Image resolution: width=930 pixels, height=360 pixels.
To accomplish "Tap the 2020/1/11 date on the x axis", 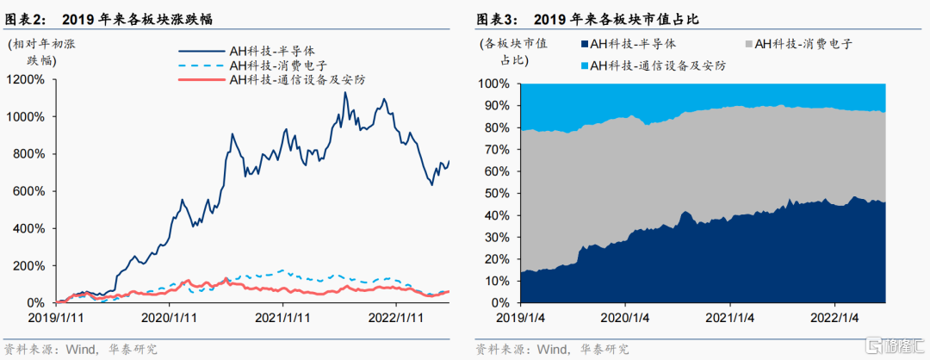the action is pos(170,317).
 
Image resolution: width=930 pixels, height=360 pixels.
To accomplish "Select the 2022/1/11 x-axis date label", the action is pos(397,317).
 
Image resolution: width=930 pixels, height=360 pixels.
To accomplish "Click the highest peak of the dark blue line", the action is pos(344,92).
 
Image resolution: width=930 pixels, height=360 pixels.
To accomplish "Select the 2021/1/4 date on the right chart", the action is pos(730,317).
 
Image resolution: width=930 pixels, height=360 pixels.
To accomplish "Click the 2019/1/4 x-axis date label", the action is pos(521,317).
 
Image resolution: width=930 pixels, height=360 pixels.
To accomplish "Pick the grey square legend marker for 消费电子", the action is pos(747,44).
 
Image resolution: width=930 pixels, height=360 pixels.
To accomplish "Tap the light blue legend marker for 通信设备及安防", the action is pos(584,65).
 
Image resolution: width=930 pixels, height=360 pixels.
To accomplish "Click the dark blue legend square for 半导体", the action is pos(584,44).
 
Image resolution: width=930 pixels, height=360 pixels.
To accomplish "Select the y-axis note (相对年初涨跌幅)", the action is pos(41,52).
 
